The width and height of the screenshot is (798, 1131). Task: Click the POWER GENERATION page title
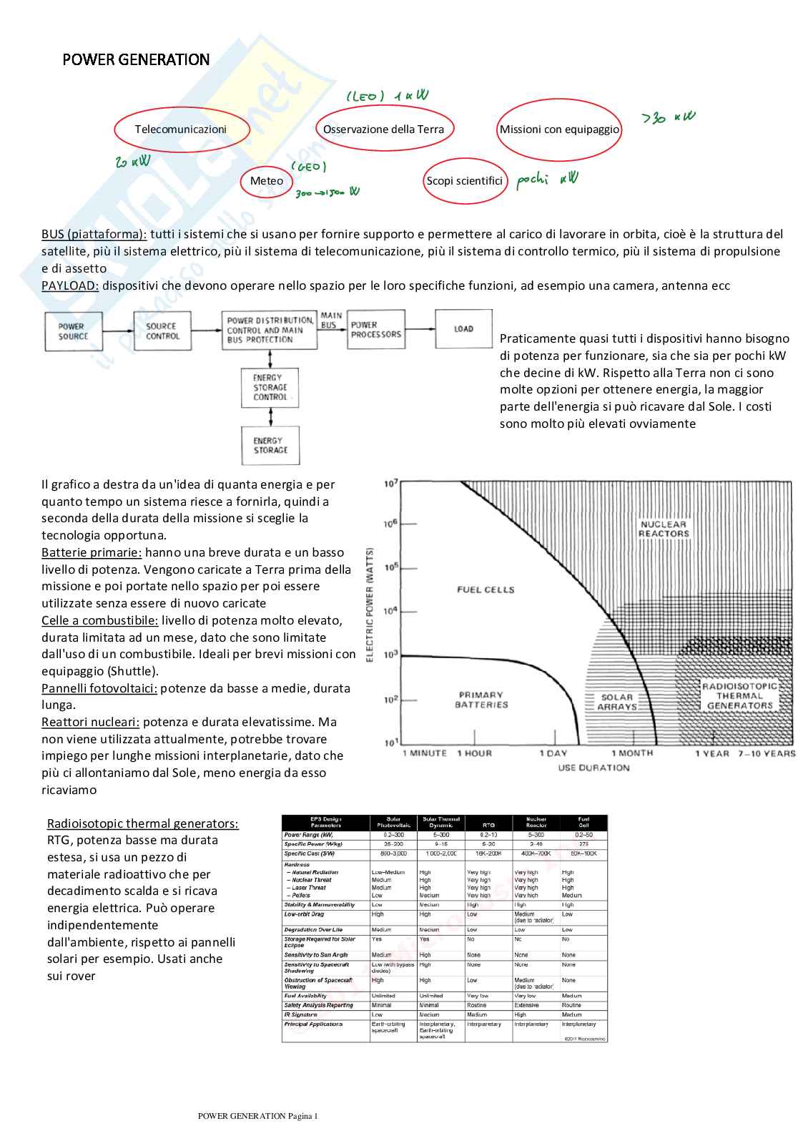click(x=136, y=59)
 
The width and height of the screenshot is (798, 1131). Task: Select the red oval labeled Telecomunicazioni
click(x=181, y=129)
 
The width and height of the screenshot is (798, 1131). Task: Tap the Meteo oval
click(x=267, y=181)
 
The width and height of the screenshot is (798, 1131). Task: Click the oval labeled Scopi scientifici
click(x=465, y=181)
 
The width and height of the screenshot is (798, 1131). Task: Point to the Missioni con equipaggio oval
click(x=559, y=129)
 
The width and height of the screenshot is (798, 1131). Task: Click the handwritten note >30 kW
click(x=668, y=117)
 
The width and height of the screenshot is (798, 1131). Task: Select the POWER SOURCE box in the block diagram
click(x=74, y=331)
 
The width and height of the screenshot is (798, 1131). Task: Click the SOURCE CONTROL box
click(x=162, y=331)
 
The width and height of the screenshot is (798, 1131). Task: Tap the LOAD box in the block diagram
click(x=463, y=329)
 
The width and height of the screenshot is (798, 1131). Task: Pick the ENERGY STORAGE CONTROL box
click(x=270, y=387)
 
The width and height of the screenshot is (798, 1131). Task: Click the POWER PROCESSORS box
click(x=376, y=330)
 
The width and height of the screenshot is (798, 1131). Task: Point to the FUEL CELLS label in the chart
click(x=486, y=589)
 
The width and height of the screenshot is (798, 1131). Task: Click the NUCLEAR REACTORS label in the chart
click(x=664, y=529)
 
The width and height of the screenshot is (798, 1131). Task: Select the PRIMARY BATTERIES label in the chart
click(x=481, y=700)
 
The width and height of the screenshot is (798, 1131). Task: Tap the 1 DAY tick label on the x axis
click(x=553, y=753)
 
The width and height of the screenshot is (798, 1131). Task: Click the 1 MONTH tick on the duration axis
click(x=632, y=753)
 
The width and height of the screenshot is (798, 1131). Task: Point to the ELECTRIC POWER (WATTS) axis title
click(x=370, y=604)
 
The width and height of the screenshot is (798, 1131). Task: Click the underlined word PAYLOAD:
click(x=70, y=285)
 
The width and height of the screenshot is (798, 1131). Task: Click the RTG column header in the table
click(x=488, y=825)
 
